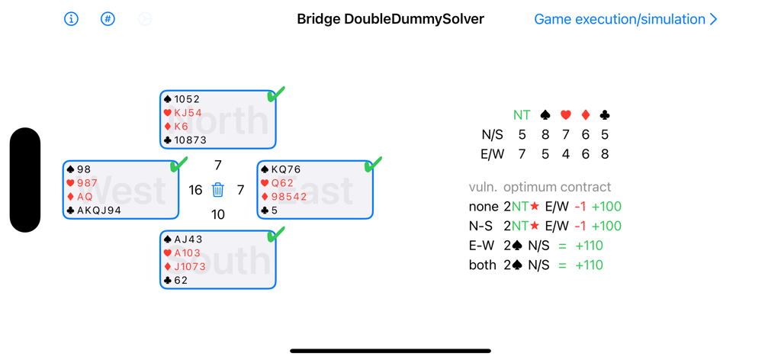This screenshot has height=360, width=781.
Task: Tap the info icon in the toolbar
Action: (x=71, y=19)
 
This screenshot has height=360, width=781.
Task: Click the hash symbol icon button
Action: (x=108, y=19)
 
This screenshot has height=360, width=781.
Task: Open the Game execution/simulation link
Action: (x=625, y=19)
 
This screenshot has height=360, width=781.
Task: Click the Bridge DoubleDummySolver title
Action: (x=390, y=19)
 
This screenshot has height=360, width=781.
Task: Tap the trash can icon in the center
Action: (x=218, y=190)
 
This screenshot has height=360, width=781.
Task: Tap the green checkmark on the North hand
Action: (x=276, y=94)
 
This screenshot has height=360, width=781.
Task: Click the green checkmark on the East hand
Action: (x=374, y=164)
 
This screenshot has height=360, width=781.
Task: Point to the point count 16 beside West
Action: (x=195, y=191)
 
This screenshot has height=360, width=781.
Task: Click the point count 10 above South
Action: (x=218, y=215)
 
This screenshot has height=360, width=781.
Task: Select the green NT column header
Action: (x=522, y=115)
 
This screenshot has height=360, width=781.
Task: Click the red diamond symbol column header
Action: (x=585, y=115)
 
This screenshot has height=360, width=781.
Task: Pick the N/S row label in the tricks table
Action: (x=492, y=135)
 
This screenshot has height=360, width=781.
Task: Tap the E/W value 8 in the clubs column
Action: (x=605, y=154)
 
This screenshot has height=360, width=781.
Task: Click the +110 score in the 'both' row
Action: (x=587, y=265)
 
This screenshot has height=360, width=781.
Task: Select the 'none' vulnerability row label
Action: (x=482, y=207)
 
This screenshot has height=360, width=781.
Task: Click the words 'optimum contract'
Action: (x=557, y=187)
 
